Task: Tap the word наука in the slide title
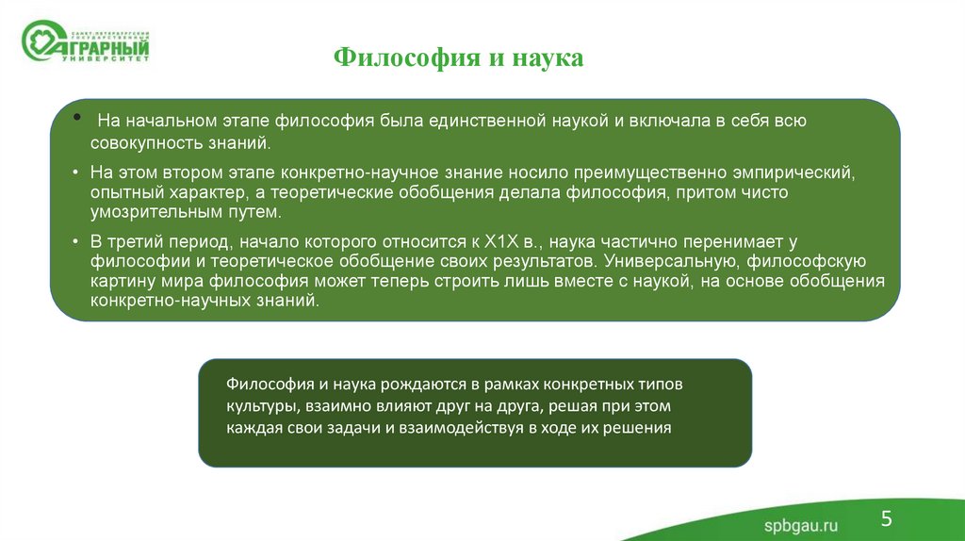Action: (x=548, y=58)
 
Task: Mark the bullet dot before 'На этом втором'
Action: (x=76, y=173)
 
